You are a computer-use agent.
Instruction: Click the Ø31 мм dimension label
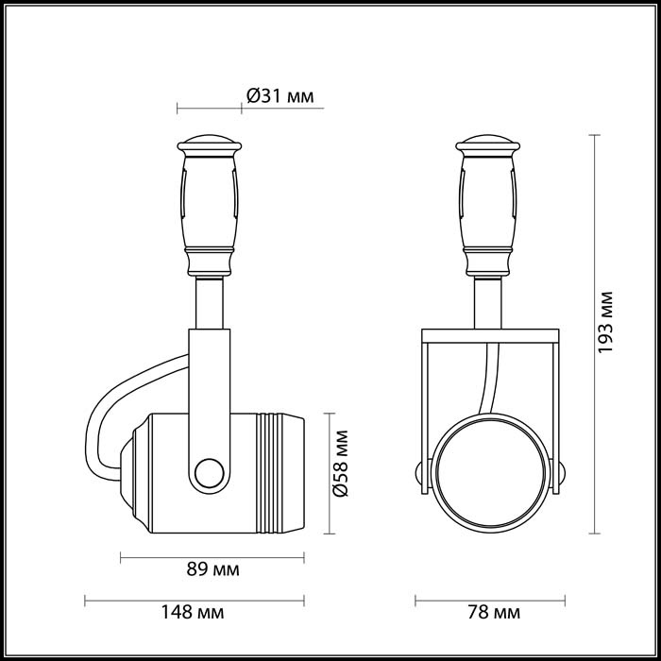[x=280, y=96]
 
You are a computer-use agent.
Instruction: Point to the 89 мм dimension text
[x=213, y=569]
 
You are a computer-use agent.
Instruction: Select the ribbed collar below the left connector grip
[x=209, y=259]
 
